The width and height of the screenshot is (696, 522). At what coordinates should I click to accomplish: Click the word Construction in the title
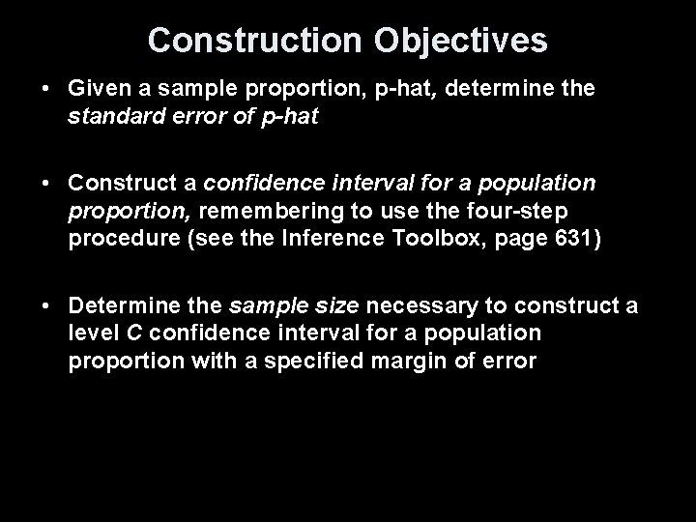tap(252, 40)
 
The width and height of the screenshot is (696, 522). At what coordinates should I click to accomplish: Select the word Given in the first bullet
tap(96, 88)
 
